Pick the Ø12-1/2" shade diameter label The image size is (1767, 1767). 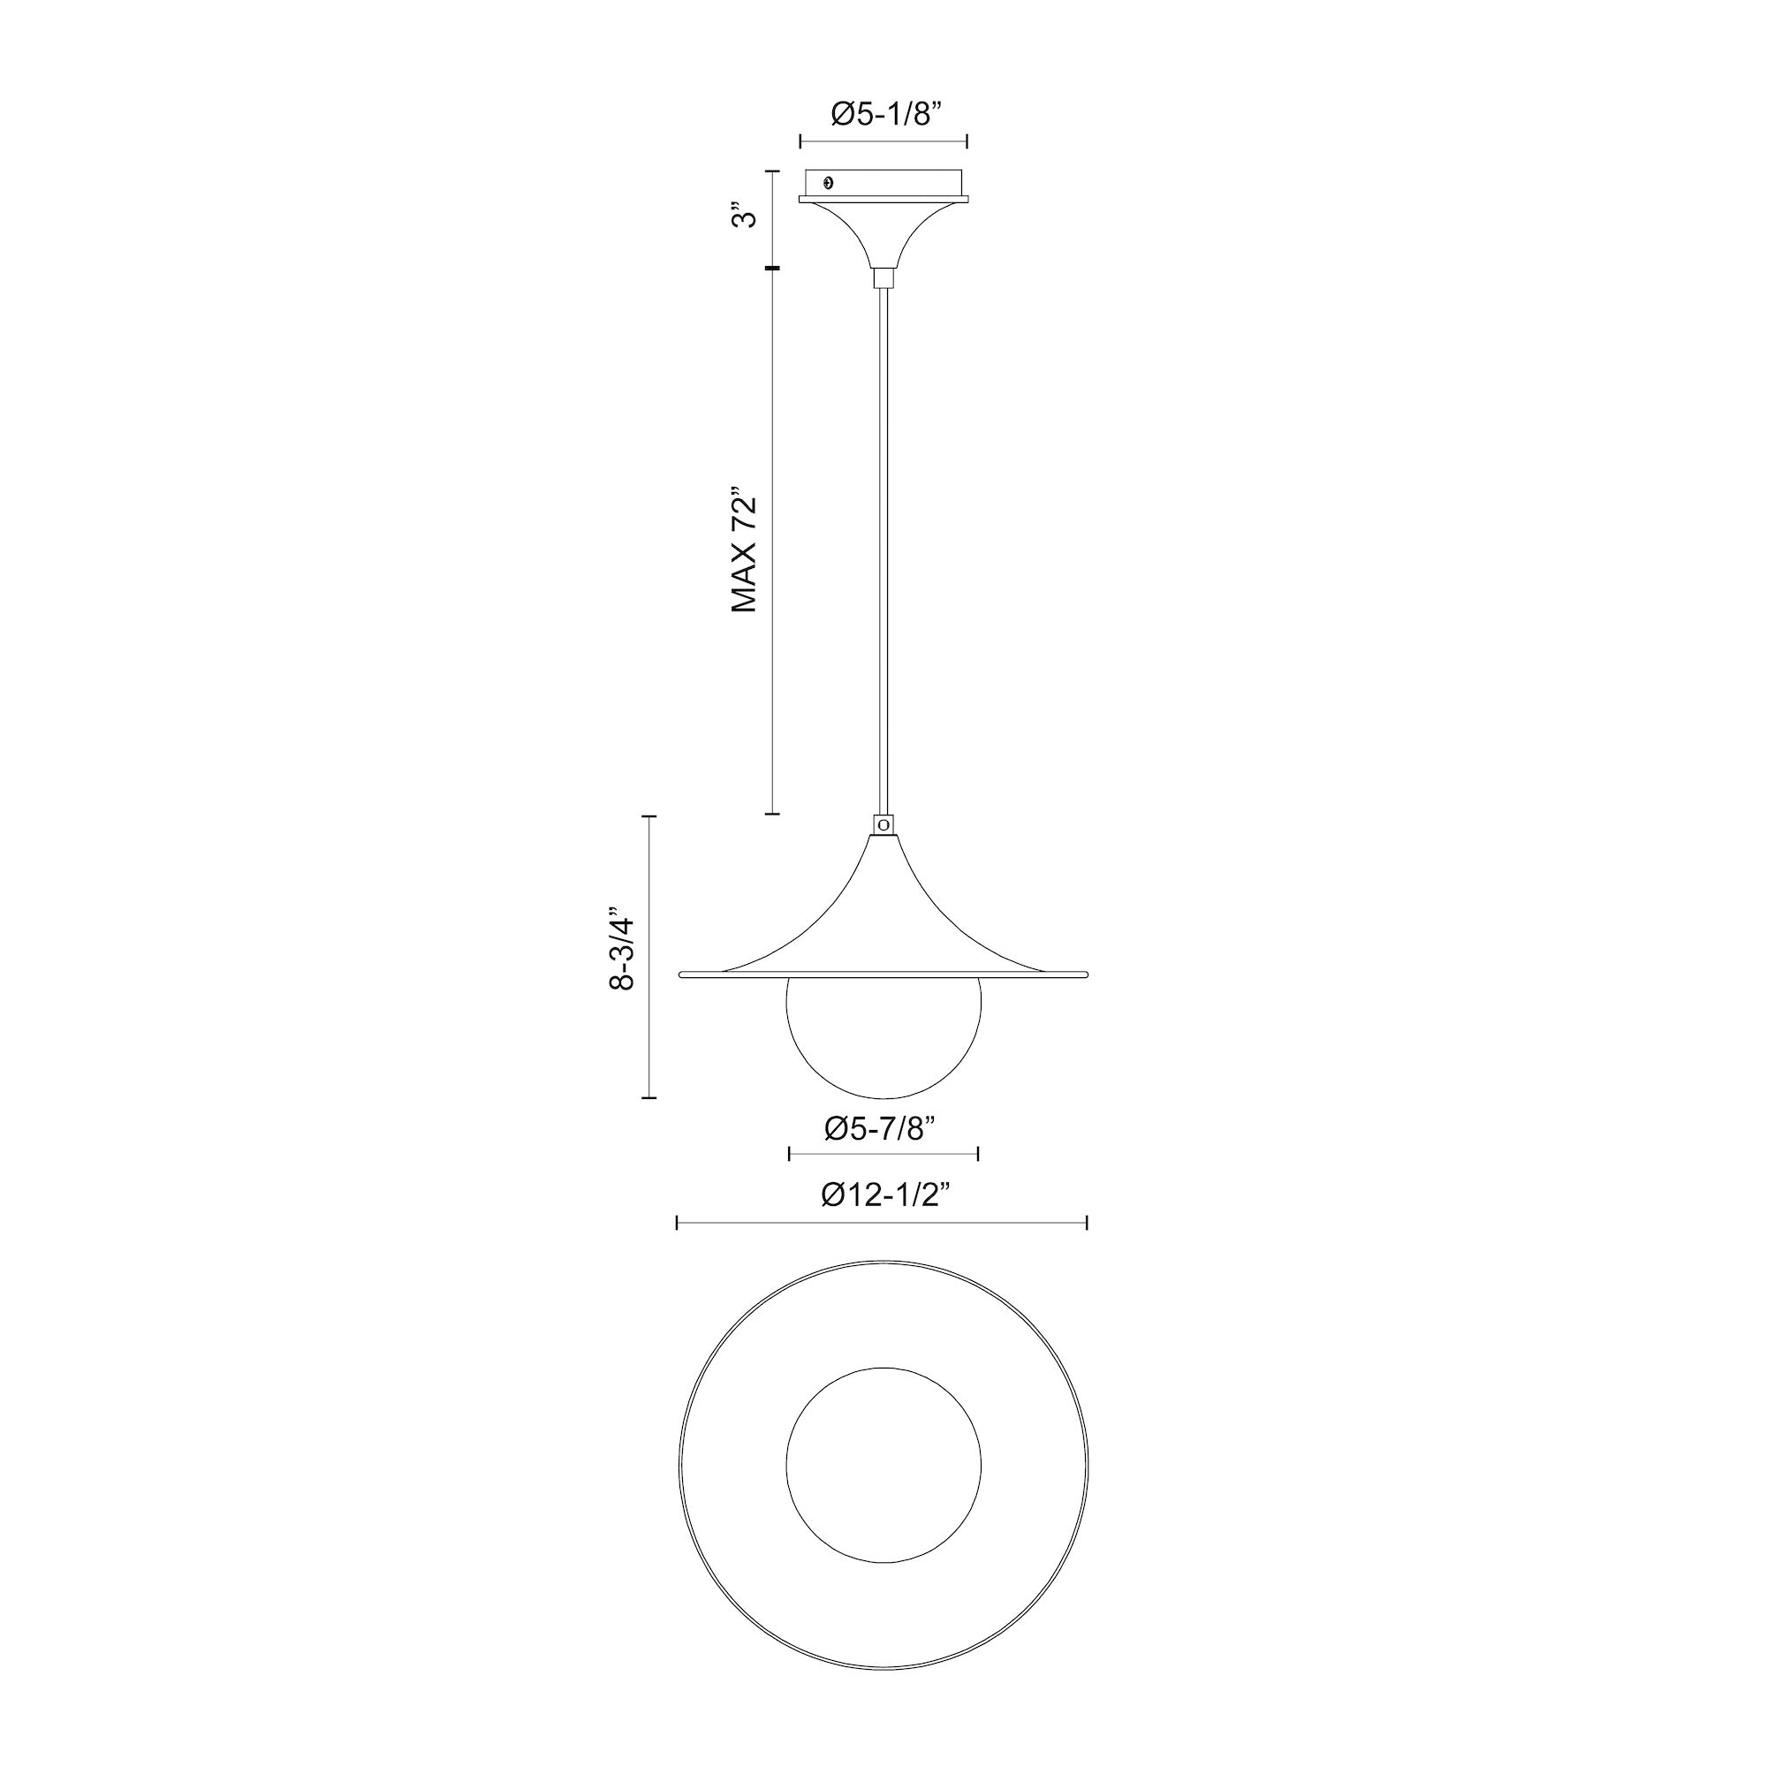[x=882, y=1195]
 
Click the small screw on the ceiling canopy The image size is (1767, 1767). [x=829, y=182]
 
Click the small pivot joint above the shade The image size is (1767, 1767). [x=883, y=824]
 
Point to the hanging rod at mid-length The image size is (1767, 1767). [x=883, y=549]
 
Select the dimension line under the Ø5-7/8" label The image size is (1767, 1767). [x=883, y=1153]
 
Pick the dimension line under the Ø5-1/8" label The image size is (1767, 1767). [x=883, y=140]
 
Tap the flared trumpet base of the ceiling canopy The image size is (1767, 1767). [x=883, y=233]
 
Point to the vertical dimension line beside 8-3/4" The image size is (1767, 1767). [x=649, y=956]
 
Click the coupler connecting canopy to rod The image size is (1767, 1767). [x=883, y=278]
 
